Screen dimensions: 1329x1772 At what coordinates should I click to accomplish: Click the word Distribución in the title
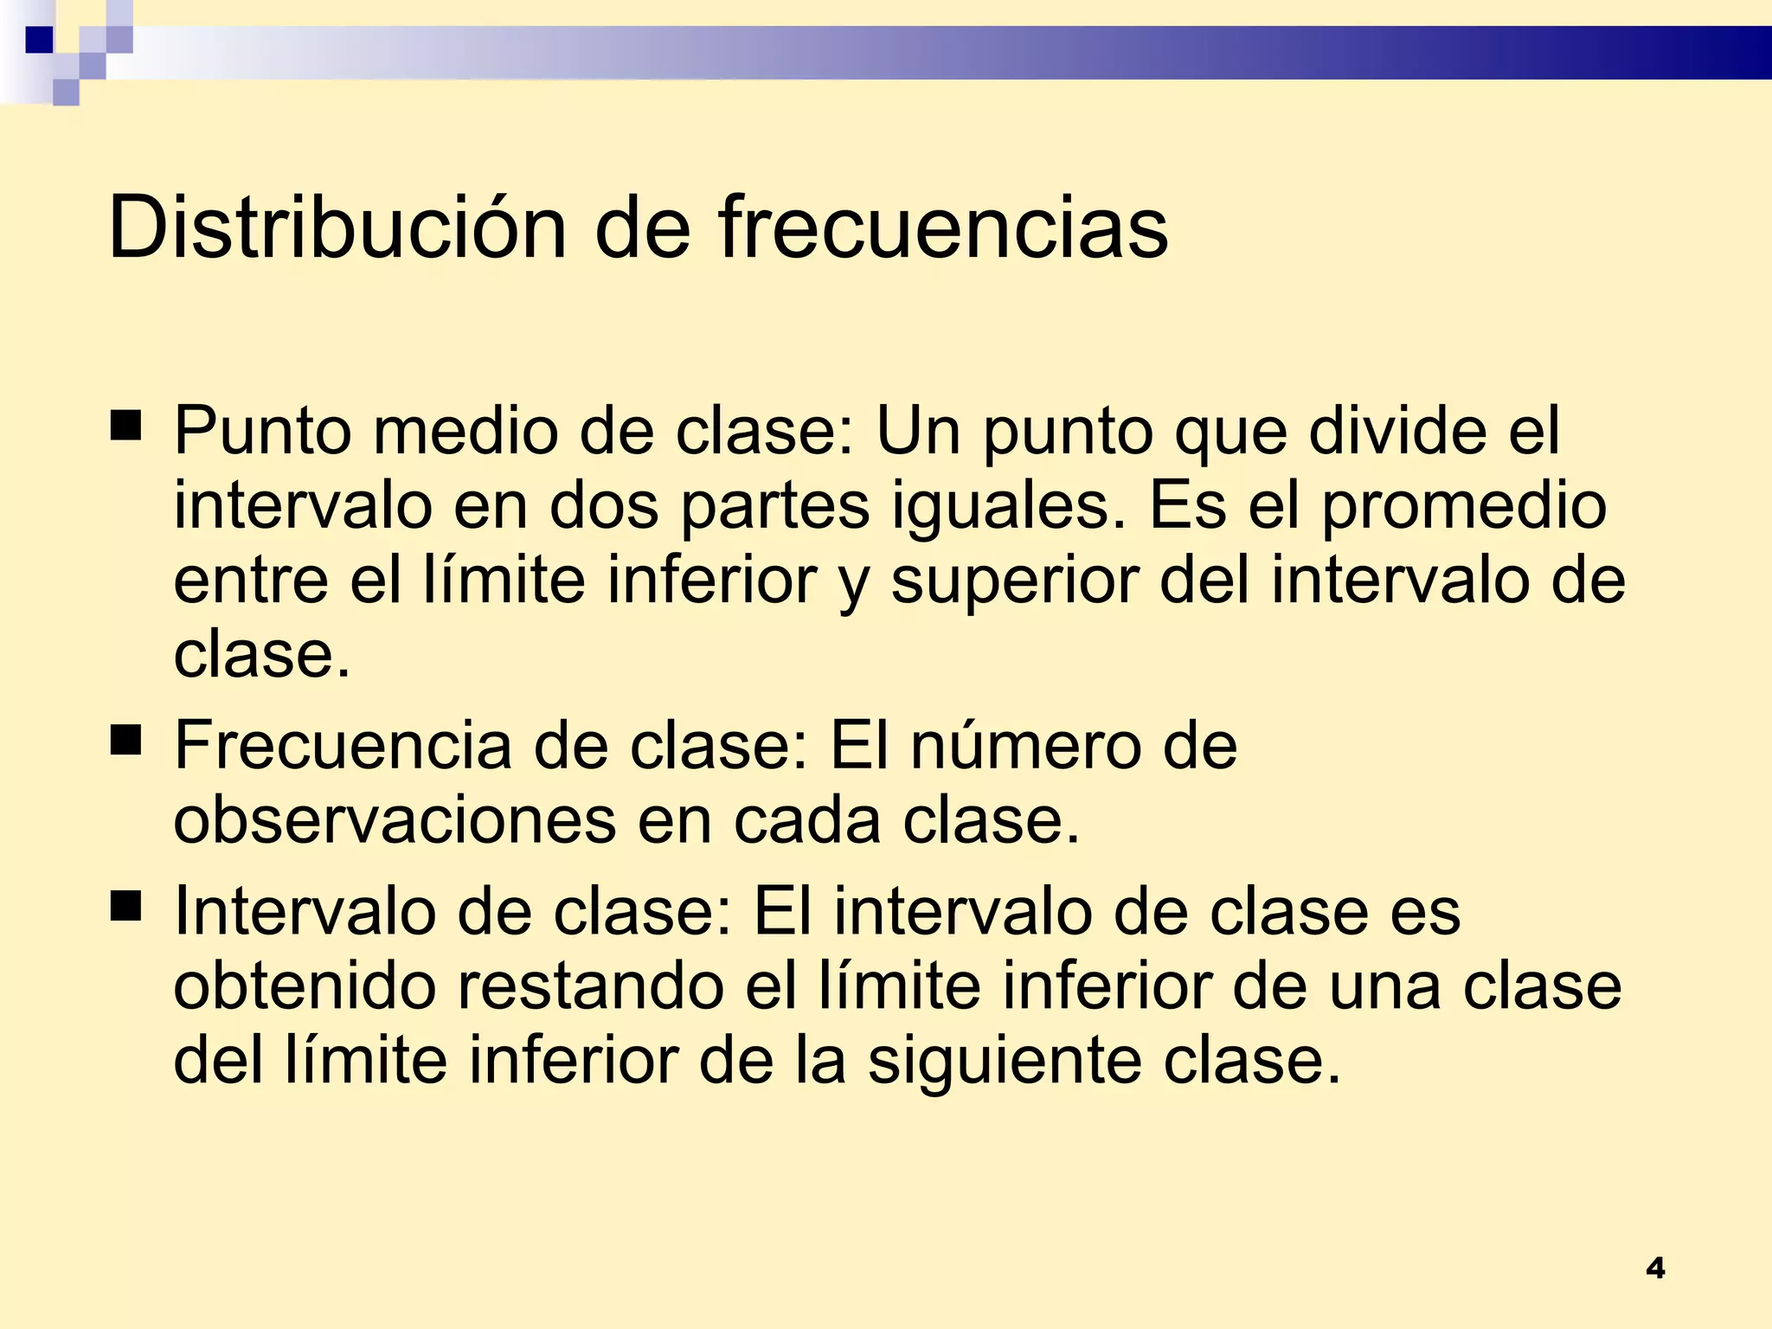click(337, 228)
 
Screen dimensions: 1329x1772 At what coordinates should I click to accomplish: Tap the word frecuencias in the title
click(943, 228)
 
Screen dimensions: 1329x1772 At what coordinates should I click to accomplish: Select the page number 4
click(1655, 1268)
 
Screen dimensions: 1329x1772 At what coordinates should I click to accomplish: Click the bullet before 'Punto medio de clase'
click(126, 426)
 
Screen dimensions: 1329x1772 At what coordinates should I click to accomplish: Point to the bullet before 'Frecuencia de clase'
click(126, 741)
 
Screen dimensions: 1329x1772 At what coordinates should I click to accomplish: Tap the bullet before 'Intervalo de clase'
click(126, 906)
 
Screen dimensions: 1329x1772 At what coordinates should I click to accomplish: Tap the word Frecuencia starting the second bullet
click(343, 745)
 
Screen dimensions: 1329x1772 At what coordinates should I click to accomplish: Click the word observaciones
click(395, 819)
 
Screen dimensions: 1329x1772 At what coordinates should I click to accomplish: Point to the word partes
click(774, 506)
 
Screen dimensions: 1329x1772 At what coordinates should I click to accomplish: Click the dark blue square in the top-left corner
click(39, 40)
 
